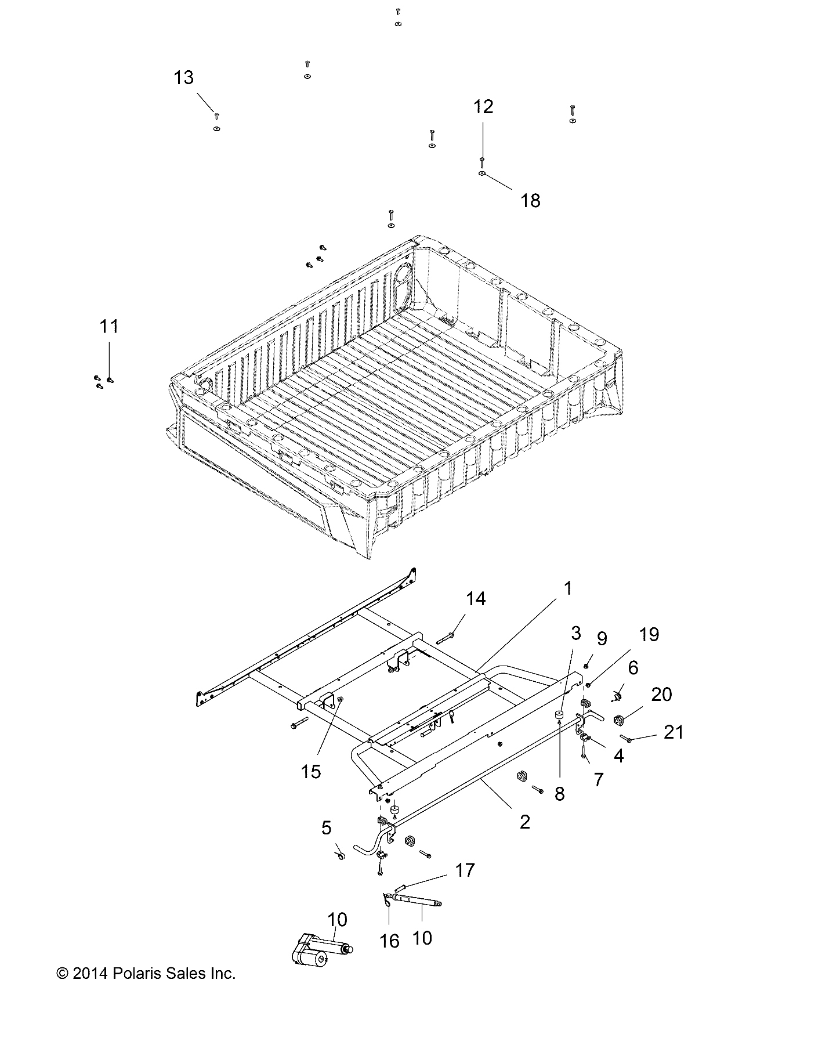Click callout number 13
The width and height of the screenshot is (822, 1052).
coord(184,78)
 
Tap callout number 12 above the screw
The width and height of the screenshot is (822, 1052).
coord(483,107)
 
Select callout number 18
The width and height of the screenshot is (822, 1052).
coord(530,200)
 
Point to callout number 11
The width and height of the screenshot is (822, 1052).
coord(109,327)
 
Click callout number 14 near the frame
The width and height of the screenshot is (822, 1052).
coord(476,599)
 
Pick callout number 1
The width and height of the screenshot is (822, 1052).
coord(568,588)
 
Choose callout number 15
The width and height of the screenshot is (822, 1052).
coord(311,771)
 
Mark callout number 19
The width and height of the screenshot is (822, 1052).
coord(649,634)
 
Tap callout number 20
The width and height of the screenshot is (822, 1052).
coord(661,694)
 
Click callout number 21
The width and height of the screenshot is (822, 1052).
coord(673,732)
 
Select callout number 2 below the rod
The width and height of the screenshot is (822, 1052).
coord(524,822)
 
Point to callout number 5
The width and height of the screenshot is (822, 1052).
coord(327,828)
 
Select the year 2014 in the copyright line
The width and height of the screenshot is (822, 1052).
coord(90,973)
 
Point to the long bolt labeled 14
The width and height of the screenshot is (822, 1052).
coord(444,638)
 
